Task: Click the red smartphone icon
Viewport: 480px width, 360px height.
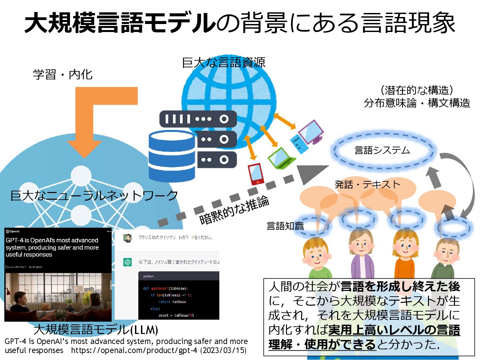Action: pos(256,174)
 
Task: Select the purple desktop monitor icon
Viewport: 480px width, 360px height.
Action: pos(311,132)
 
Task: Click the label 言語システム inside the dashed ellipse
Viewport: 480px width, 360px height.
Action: pos(382,151)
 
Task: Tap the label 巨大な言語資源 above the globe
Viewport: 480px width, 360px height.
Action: pos(224,63)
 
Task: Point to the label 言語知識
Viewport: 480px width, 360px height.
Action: pos(285,226)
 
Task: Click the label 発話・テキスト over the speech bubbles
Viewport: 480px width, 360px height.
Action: pos(367,184)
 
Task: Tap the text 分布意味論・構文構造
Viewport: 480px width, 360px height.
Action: pos(417,103)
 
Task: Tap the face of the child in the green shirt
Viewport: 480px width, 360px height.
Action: pos(316,255)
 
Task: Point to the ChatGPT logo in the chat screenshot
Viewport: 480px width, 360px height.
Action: pos(127,262)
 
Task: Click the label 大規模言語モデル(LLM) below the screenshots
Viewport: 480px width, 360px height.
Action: pos(96,330)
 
